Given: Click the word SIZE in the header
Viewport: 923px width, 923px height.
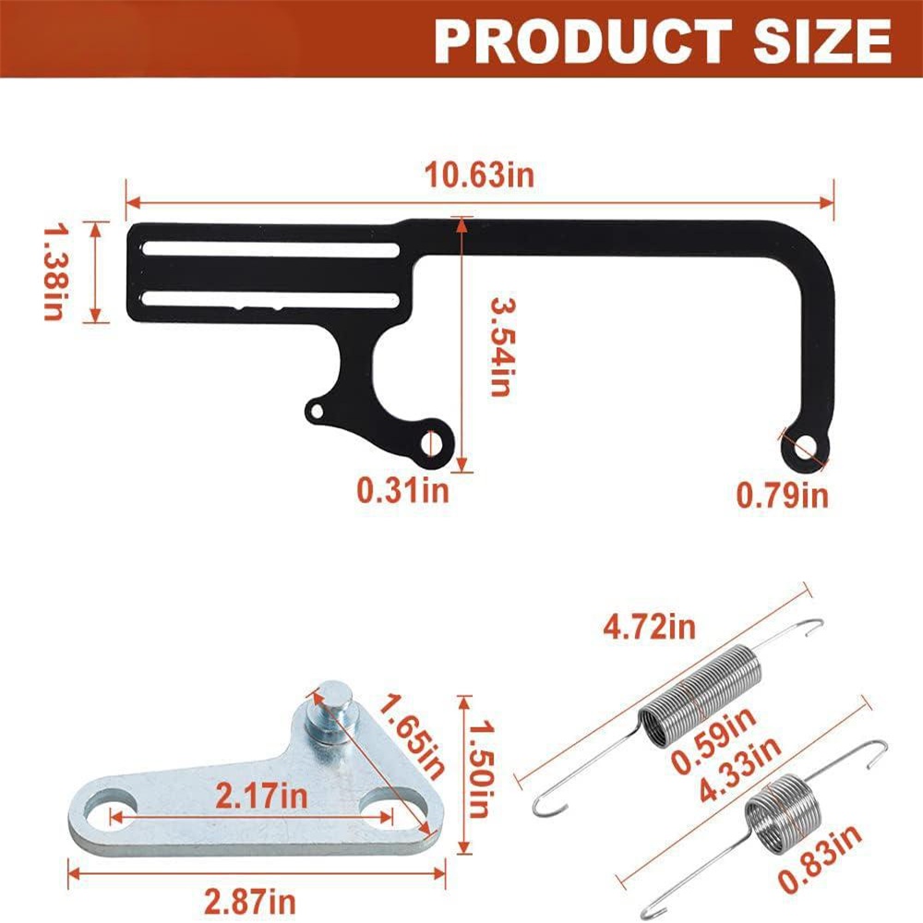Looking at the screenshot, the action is (822, 41).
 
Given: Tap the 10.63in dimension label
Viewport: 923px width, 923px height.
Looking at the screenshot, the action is (479, 174).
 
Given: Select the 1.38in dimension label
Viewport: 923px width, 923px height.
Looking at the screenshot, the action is (54, 272).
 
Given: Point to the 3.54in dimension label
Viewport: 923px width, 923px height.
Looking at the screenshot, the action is (501, 347).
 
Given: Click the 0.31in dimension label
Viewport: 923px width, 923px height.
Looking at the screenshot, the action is (402, 490).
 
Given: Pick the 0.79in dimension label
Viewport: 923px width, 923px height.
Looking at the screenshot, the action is (783, 495).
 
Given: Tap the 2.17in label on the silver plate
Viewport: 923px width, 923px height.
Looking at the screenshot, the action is (261, 796).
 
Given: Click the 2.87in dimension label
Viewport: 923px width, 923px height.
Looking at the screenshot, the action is (250, 901).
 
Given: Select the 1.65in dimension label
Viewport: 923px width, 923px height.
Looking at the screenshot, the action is (411, 737).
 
